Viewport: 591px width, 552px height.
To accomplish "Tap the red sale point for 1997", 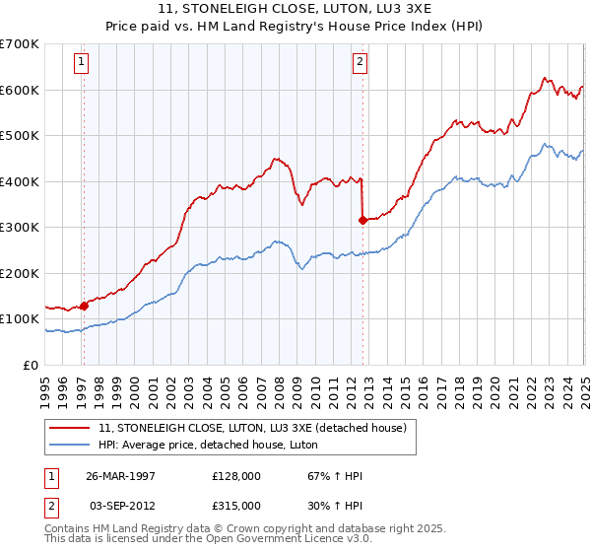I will tap(84, 306).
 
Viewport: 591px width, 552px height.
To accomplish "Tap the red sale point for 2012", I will tap(362, 221).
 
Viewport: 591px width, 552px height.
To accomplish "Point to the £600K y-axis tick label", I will tap(20, 90).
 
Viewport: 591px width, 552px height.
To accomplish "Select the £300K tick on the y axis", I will tap(20, 227).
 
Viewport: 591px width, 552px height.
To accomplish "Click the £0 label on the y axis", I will tap(32, 365).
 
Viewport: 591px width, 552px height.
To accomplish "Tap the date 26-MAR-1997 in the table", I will tap(121, 476).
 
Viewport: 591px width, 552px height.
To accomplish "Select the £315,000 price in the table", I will tap(235, 506).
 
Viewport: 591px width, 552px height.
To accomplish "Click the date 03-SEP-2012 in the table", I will tap(121, 506).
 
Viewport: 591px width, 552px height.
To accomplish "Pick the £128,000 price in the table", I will tap(235, 476).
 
